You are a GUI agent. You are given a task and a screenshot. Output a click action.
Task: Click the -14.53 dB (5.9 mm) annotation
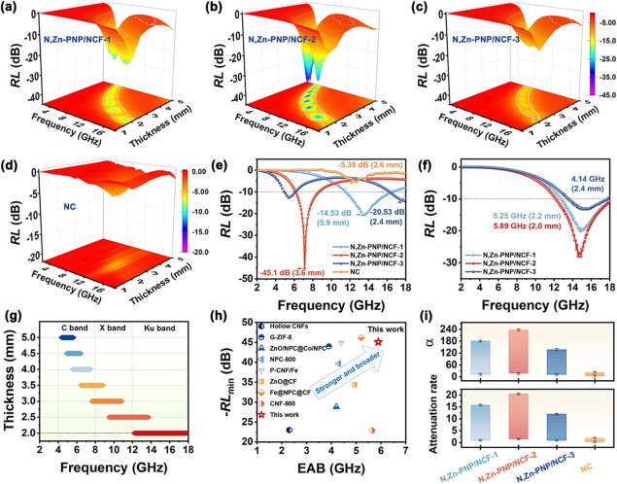tap(326, 242)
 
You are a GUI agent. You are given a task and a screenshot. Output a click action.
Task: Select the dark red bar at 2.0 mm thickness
tap(160, 432)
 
